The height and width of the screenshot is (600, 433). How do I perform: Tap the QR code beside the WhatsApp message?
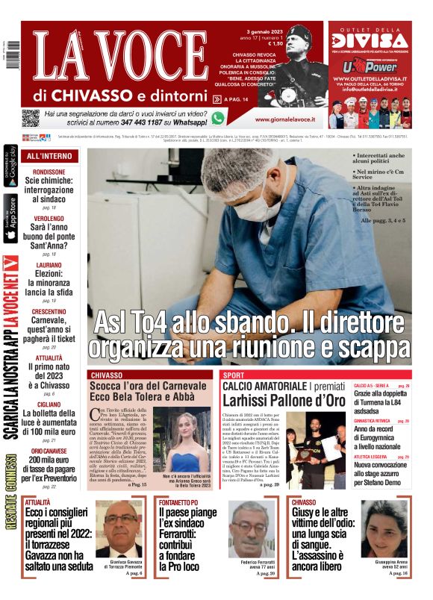(30, 118)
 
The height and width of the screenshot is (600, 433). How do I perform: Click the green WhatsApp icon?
(218, 118)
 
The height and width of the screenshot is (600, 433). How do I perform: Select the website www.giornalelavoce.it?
(284, 119)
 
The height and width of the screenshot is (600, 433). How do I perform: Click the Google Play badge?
(10, 167)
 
